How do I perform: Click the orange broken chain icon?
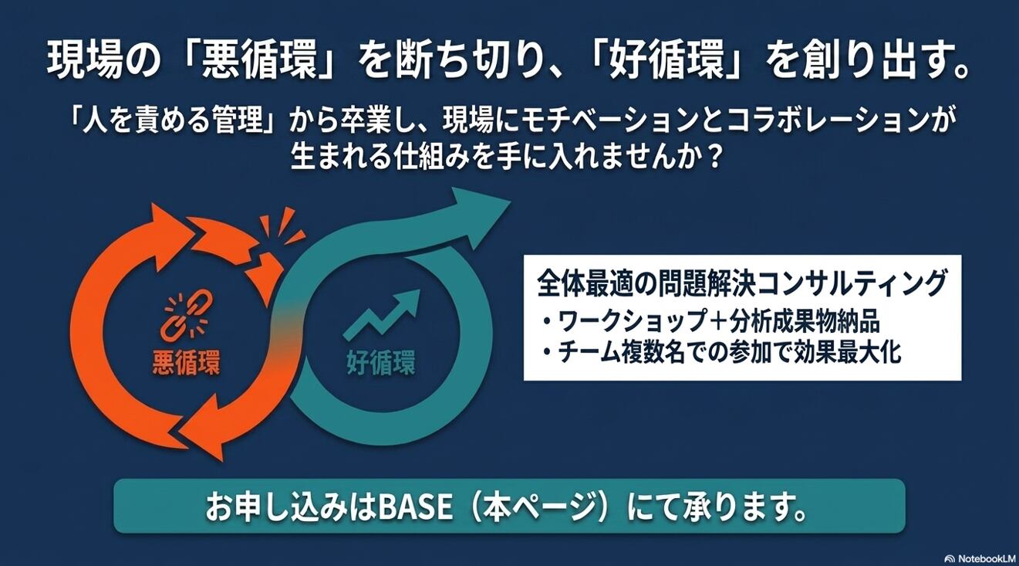point(184,317)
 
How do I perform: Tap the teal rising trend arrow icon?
point(381,314)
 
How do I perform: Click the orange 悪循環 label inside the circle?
point(186,363)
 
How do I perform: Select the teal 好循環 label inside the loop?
point(381,363)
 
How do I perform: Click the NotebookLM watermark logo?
point(980,558)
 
